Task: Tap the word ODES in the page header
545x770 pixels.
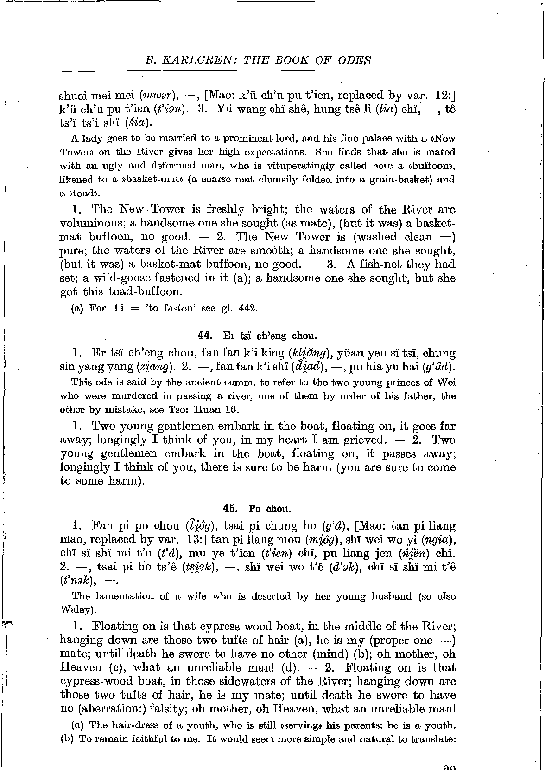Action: pyautogui.click(x=354, y=60)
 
